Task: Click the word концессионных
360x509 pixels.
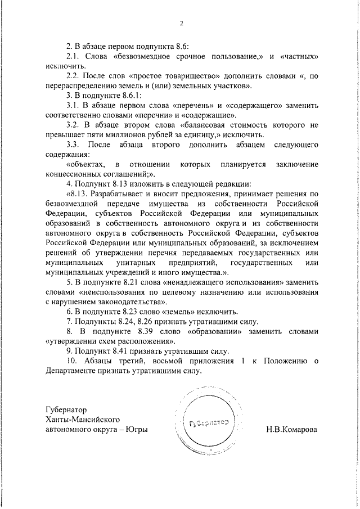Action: click(x=74, y=174)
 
